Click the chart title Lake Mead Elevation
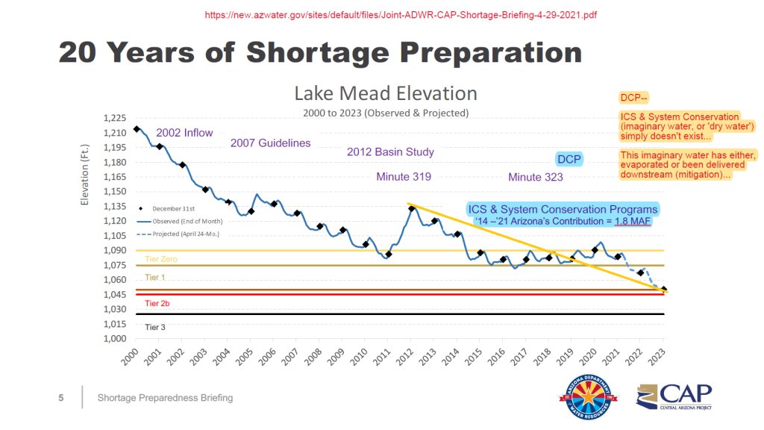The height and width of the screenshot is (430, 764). tap(385, 93)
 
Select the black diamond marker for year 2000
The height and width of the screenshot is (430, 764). tap(137, 128)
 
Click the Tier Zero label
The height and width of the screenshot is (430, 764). tap(160, 259)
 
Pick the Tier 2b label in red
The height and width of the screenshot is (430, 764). tap(157, 304)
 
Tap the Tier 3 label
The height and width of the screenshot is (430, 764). tap(155, 327)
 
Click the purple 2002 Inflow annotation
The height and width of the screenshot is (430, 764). tap(184, 132)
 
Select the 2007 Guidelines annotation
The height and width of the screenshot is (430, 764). tap(270, 143)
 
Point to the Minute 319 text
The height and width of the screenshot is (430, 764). tap(404, 177)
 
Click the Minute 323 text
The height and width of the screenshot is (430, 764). tap(535, 177)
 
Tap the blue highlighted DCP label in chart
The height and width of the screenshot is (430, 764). tap(569, 159)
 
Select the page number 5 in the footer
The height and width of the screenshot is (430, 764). tap(61, 398)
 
